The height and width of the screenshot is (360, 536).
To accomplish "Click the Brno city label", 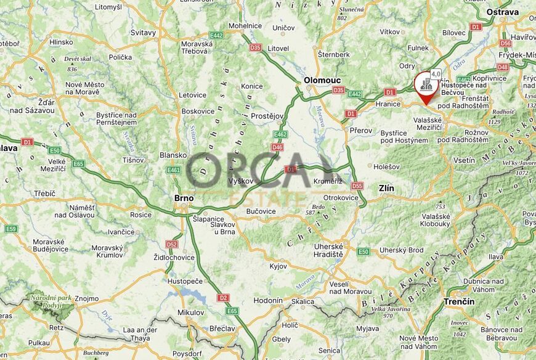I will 184,198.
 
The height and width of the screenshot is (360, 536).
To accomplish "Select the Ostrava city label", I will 502,12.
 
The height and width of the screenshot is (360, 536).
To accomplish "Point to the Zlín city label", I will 387,187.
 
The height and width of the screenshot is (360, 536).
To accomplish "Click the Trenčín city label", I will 459,301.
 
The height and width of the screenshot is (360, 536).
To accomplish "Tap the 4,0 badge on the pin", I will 436,74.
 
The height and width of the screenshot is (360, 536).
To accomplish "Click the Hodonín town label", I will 269,300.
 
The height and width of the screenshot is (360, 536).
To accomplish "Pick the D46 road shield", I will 277,147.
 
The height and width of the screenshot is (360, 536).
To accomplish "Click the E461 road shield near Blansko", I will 174,170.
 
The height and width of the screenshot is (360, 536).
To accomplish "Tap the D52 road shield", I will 171,244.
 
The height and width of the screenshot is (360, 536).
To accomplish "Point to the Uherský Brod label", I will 401,250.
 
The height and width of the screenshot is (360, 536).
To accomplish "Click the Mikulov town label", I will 190,313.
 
